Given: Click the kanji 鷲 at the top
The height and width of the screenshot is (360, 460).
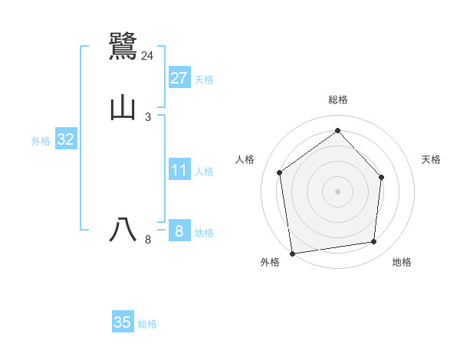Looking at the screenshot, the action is click(123, 46).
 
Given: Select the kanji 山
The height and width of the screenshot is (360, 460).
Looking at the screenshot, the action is click(123, 108).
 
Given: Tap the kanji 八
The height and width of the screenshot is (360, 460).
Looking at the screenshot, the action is click(123, 230).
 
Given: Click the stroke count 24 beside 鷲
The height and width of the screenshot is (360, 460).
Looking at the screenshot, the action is click(147, 56).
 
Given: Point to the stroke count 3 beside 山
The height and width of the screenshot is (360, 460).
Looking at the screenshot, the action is click(148, 117).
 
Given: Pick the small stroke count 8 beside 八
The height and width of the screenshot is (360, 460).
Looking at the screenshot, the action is click(148, 240).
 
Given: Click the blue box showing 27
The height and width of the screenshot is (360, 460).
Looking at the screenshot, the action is click(179, 78).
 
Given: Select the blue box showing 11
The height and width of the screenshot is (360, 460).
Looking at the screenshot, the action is click(179, 170).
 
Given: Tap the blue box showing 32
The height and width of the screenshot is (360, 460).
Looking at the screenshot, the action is click(66, 139).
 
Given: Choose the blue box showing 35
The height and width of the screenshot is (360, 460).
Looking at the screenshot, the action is click(123, 322).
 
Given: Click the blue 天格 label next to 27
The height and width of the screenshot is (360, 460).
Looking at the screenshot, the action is click(204, 80).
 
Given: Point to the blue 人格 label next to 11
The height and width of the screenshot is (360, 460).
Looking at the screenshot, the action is click(204, 172).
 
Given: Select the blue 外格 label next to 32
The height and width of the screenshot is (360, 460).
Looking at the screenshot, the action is click(41, 141).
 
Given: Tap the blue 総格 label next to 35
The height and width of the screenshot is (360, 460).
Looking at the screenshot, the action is click(147, 324).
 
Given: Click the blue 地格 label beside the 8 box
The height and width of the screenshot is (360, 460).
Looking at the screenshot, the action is click(204, 233).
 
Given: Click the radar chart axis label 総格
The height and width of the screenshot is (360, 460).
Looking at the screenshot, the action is click(337, 100).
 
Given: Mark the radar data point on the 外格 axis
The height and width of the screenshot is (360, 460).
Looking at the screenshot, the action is click(292, 253).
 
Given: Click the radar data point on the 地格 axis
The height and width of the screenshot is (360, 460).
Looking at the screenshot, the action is click(374, 242).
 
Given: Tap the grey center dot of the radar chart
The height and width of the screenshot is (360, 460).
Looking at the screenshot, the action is click(337, 191).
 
